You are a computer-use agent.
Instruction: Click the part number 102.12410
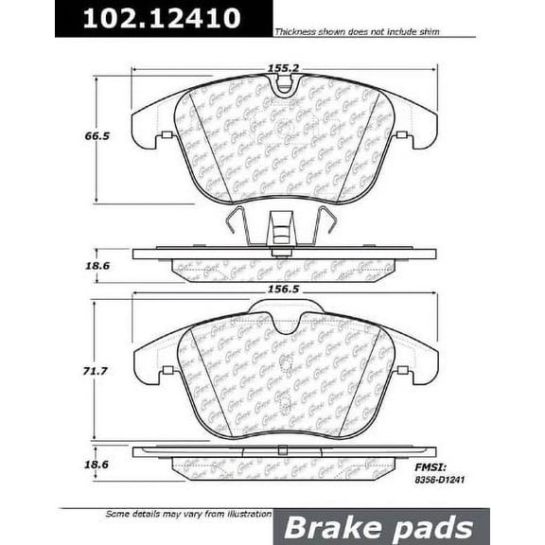(161, 18)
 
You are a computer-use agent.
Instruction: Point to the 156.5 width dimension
(283, 293)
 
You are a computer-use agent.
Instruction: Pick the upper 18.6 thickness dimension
(92, 267)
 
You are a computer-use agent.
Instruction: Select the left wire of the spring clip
(237, 225)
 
